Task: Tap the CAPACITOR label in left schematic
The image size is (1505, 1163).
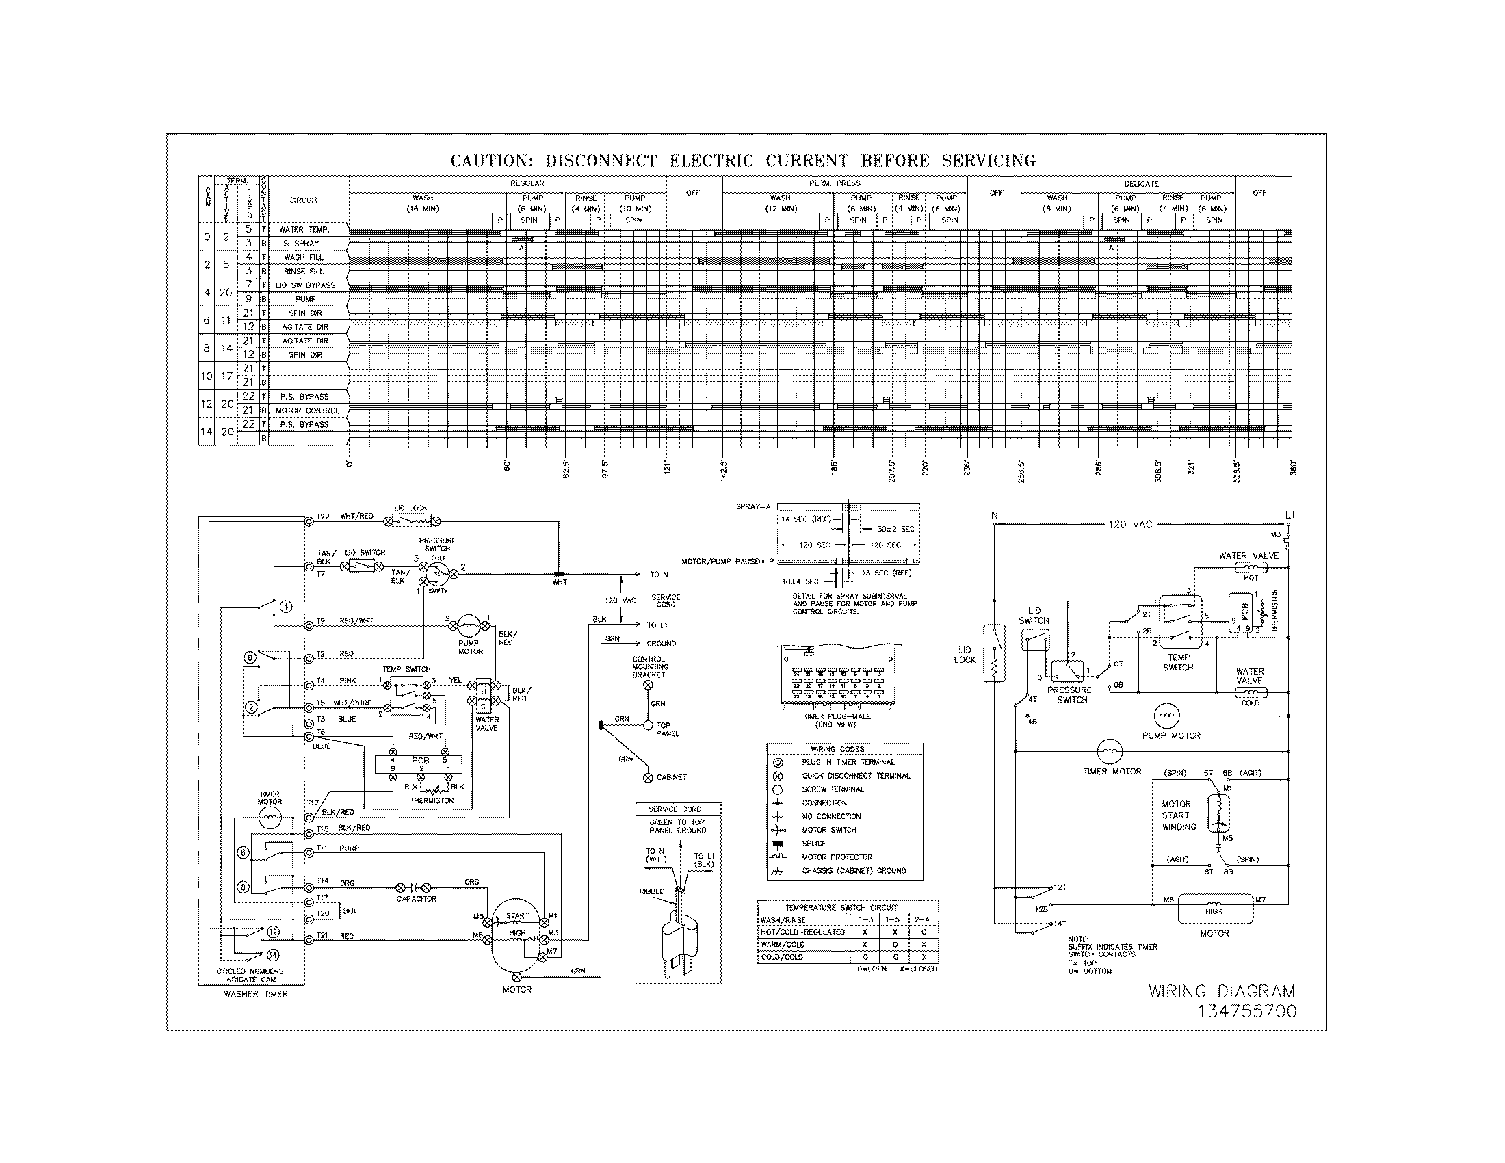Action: click(x=416, y=899)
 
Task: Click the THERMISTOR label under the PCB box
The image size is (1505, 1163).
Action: click(x=432, y=800)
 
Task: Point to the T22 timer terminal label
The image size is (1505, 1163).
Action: click(x=323, y=517)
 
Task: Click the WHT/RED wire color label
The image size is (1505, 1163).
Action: click(x=356, y=516)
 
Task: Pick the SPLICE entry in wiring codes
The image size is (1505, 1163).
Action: click(x=814, y=844)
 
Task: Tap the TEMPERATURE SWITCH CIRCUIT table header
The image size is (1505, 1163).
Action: click(x=848, y=907)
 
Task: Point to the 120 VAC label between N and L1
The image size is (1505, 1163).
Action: click(x=1129, y=524)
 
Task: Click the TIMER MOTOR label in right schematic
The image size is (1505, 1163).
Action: click(x=1112, y=772)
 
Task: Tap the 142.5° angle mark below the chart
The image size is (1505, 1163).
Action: click(x=724, y=471)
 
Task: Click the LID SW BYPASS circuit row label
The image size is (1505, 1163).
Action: click(x=305, y=285)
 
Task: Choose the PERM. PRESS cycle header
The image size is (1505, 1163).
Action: click(x=834, y=183)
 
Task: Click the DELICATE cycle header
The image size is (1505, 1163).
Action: click(x=1141, y=184)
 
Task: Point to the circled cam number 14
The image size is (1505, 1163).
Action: click(x=273, y=955)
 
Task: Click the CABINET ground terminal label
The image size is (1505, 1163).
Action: click(x=671, y=777)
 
